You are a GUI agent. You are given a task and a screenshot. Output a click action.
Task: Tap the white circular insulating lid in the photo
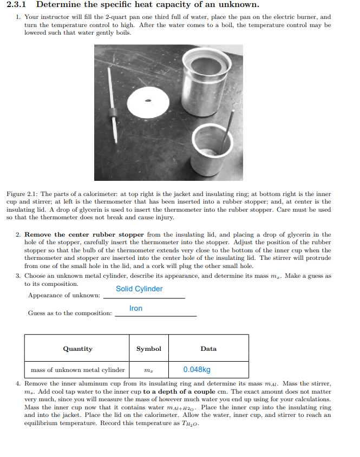coord(149,101)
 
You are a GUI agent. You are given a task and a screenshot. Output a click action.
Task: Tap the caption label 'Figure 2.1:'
coord(22,194)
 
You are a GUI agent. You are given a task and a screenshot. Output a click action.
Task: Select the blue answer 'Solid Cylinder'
coord(139,289)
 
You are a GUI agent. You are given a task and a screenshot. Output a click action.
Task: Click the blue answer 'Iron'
coord(136,308)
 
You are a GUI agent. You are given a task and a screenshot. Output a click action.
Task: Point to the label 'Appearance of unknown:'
coord(64,295)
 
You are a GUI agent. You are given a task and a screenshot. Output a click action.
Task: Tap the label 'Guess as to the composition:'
coord(70,314)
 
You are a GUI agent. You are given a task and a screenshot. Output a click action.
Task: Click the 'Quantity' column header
coord(77,349)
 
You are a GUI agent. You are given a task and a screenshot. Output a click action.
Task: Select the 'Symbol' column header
coord(148,349)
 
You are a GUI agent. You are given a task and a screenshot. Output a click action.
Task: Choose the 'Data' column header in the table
coord(208,349)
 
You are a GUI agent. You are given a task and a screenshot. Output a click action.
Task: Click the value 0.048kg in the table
coord(197,370)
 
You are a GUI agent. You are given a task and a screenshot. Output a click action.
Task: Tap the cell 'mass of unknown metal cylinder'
coord(77,370)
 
